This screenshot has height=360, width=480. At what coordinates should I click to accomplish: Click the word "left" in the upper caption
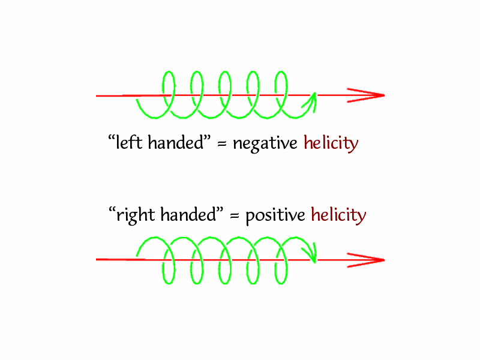tap(127, 143)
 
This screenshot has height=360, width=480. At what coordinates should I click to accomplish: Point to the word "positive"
tap(275, 215)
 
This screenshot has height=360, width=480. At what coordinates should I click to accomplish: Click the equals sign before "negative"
tap(221, 145)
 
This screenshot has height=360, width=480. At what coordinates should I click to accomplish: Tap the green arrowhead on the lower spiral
tap(311, 254)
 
